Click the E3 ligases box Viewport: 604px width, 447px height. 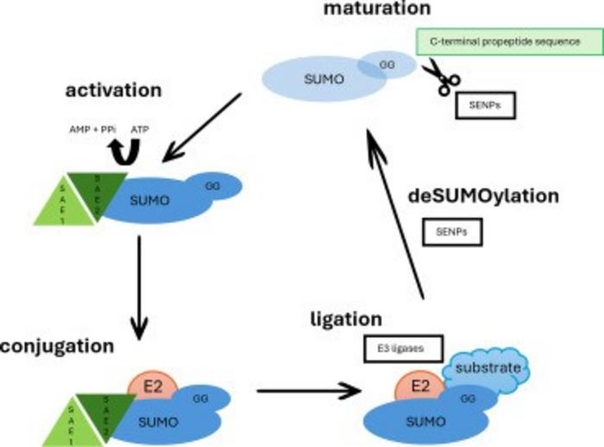(x=403, y=349)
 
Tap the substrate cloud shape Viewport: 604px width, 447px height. (x=490, y=368)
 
